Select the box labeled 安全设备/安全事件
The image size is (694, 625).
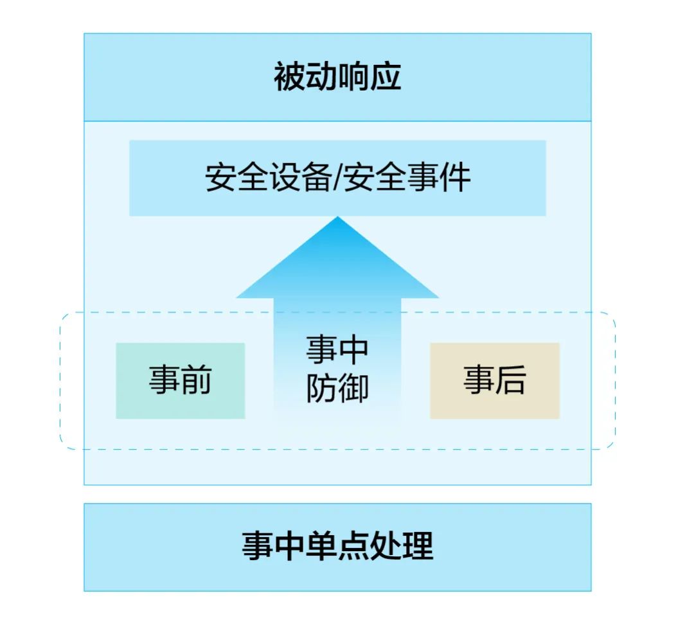(x=337, y=178)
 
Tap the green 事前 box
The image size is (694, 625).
(x=180, y=380)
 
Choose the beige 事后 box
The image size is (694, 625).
(x=494, y=380)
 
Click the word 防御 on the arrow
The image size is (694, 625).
(x=337, y=388)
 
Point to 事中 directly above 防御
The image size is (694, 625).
(x=337, y=350)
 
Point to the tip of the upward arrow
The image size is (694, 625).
(x=337, y=218)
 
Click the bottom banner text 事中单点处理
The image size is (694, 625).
(x=337, y=547)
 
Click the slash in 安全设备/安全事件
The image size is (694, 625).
(x=338, y=178)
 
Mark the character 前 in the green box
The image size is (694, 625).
(x=196, y=380)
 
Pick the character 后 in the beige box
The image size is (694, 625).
(x=510, y=380)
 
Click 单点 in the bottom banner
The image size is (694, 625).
(x=337, y=547)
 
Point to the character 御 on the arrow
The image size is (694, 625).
(x=353, y=388)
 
